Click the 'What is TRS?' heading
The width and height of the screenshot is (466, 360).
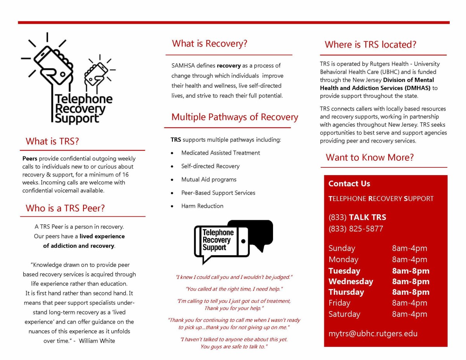click(x=52, y=141)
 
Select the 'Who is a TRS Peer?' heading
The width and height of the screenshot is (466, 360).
click(x=65, y=208)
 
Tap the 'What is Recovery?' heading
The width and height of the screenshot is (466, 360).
click(x=209, y=43)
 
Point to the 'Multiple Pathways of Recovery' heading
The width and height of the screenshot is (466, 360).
click(x=235, y=117)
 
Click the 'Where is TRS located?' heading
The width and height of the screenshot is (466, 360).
click(x=370, y=45)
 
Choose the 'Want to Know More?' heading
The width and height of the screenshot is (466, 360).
click(x=370, y=157)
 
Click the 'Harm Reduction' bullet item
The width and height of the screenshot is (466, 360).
click(x=202, y=206)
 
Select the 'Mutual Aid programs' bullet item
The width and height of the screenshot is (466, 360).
click(x=209, y=179)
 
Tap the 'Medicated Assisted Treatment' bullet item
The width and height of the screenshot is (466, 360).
click(x=220, y=153)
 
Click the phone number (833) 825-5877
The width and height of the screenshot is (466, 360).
click(x=356, y=229)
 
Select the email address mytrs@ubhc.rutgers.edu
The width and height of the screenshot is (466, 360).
click(x=373, y=333)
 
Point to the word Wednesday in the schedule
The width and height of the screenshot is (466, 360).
click(x=351, y=281)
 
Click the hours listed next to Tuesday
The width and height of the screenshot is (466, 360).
click(x=410, y=271)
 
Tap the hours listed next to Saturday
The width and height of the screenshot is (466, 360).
click(x=409, y=314)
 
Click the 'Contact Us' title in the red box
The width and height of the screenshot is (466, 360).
click(x=349, y=184)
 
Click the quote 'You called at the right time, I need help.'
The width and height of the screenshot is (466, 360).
click(x=234, y=289)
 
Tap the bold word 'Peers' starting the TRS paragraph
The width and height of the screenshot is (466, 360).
click(x=30, y=158)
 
